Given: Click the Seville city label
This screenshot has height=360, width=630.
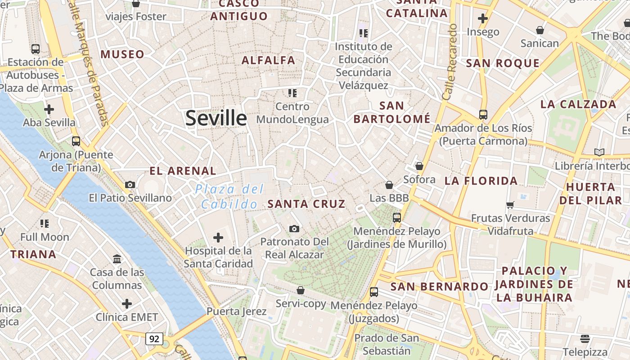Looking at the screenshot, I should [216, 118].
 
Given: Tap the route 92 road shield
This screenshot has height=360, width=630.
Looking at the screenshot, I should [154, 338].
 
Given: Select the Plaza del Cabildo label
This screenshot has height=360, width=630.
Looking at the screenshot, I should [229, 197].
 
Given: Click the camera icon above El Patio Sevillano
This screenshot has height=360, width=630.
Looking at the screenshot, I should [130, 184].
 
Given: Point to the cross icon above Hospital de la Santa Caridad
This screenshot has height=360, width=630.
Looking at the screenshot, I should [218, 237].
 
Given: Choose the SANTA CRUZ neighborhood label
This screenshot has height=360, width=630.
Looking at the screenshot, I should [306, 204].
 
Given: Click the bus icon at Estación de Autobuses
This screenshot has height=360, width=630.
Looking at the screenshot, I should [36, 49].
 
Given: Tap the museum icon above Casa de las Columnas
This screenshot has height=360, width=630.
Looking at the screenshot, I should [117, 259].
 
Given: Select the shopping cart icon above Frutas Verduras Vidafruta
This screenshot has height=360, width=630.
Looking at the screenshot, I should [510, 205].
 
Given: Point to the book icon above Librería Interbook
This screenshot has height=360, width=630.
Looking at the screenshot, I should [599, 152].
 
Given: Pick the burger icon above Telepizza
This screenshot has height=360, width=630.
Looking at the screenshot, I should [585, 338].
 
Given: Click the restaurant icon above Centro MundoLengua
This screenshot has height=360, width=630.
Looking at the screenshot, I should [292, 93].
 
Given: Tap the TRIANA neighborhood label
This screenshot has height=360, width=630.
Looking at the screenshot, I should [33, 254].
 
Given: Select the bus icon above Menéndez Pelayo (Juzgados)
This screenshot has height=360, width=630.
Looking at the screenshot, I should [374, 292].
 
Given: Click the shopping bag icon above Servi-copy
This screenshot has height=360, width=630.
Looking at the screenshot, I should [301, 290].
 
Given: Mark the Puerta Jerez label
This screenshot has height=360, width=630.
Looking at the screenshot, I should [236, 311].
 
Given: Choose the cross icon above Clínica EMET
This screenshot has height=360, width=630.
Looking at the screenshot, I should [127, 304].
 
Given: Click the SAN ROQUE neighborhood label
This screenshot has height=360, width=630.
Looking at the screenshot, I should [503, 63].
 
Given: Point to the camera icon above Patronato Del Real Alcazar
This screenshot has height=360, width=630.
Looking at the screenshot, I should [294, 229].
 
